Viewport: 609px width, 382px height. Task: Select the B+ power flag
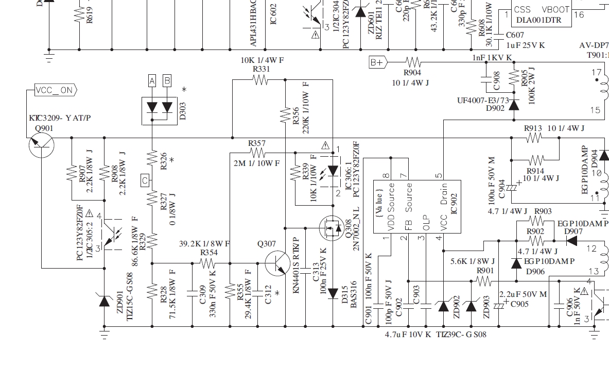click(377, 63)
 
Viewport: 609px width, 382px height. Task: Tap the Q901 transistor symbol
click(41, 145)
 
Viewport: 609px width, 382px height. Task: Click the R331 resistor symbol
click(260, 80)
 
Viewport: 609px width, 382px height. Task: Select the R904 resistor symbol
click(413, 63)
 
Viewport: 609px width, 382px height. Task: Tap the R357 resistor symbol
click(257, 153)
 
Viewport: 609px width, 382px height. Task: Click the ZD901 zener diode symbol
click(105, 301)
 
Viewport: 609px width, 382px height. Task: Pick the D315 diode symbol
click(334, 293)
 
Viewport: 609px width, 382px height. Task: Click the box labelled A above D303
click(152, 80)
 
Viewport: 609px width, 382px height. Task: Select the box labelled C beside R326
click(145, 180)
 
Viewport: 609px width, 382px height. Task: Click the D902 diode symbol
click(513, 105)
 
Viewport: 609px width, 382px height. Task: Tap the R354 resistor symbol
click(207, 263)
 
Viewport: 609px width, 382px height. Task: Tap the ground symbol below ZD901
click(105, 335)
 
